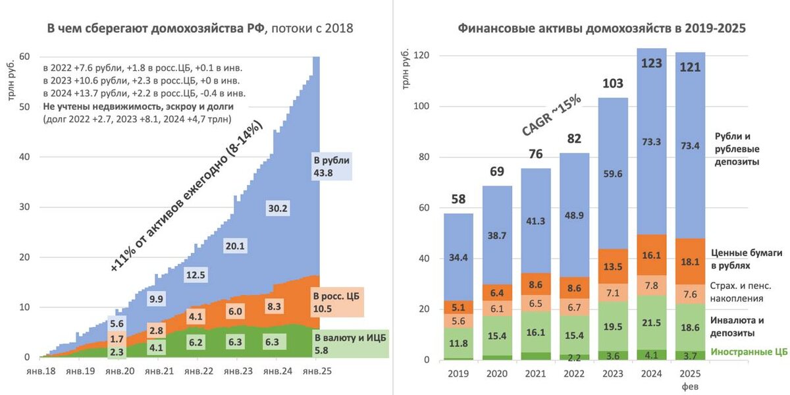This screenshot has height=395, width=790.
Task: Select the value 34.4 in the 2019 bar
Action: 458,257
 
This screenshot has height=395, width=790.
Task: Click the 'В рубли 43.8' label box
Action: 332,166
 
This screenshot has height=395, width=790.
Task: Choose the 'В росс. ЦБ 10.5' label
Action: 330,303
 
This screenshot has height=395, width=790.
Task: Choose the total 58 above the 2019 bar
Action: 458,199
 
